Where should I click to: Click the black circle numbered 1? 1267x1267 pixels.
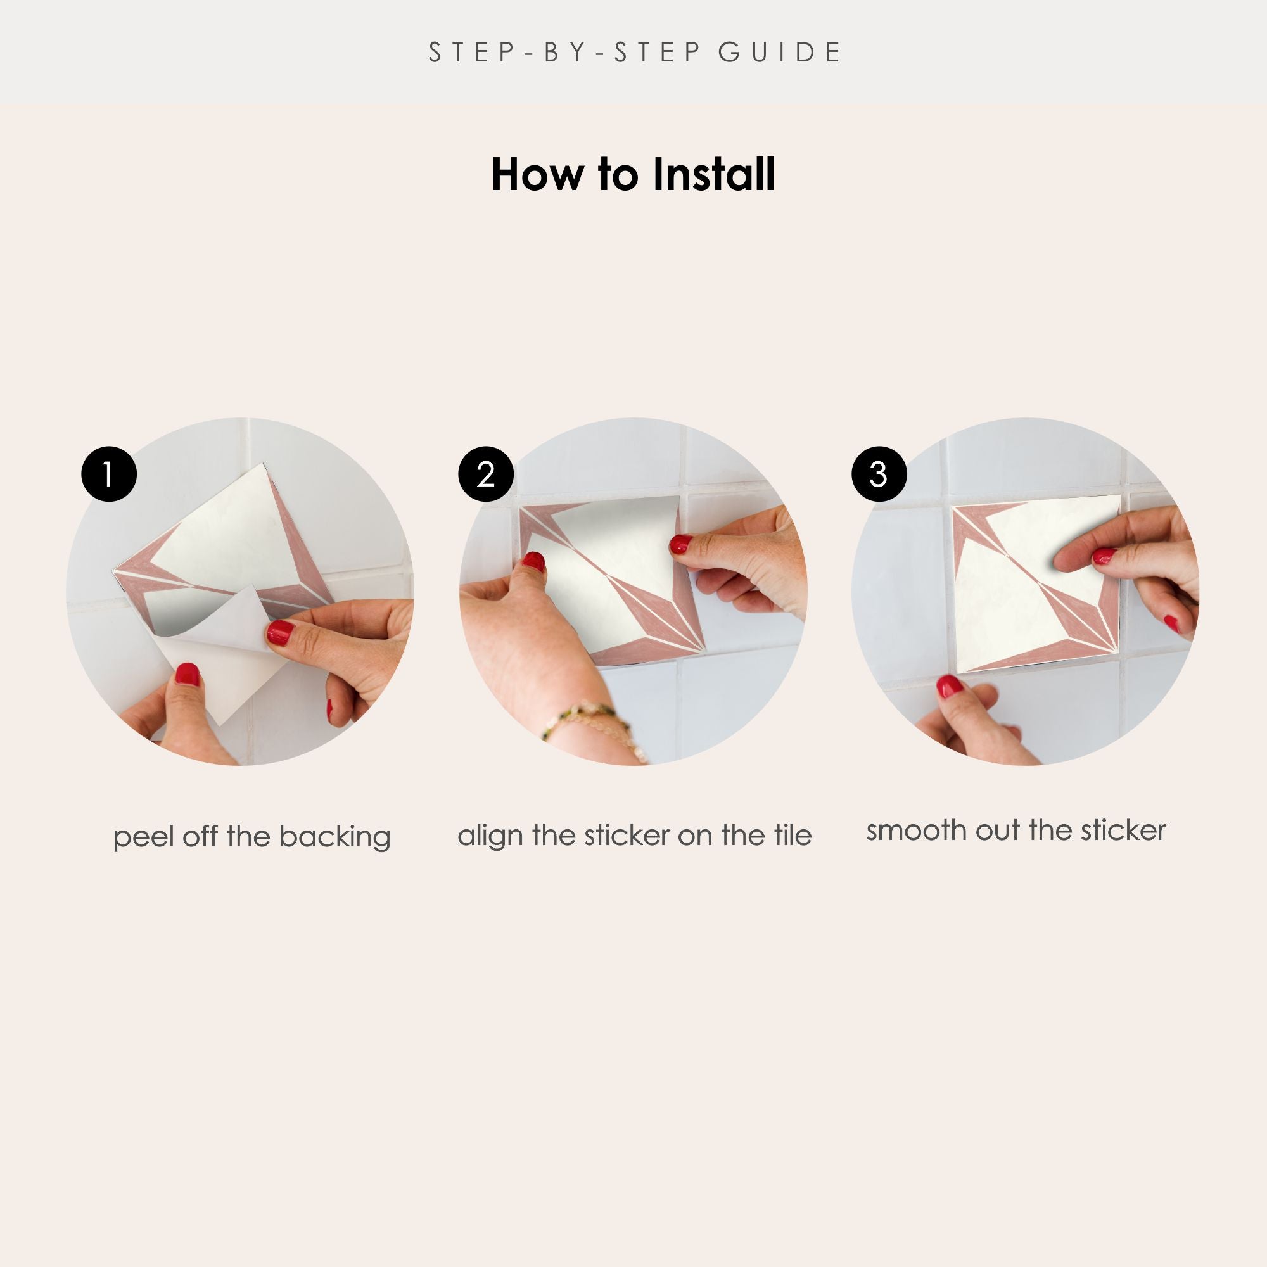pyautogui.click(x=109, y=474)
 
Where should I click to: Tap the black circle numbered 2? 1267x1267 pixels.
pyautogui.click(x=486, y=474)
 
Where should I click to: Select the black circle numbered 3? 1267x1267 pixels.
pyautogui.click(x=879, y=474)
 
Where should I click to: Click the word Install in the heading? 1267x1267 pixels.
pyautogui.click(x=714, y=174)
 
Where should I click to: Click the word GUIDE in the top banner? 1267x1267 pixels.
pyautogui.click(x=780, y=53)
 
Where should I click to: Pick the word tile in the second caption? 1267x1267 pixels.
pyautogui.click(x=793, y=835)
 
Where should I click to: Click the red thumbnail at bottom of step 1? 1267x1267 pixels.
pyautogui.click(x=188, y=674)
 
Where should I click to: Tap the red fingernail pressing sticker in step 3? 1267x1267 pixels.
pyautogui.click(x=1104, y=556)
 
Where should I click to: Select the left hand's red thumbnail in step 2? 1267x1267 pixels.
pyautogui.click(x=533, y=561)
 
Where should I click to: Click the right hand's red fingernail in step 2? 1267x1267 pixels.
pyautogui.click(x=681, y=544)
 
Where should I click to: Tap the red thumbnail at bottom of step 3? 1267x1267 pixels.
pyautogui.click(x=949, y=686)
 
